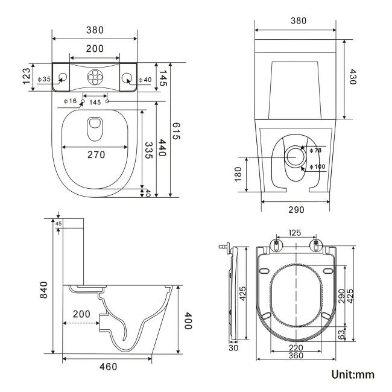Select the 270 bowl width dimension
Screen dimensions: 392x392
coord(95,154)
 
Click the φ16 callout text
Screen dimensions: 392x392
coord(70,101)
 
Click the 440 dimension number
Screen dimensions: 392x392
coord(162,148)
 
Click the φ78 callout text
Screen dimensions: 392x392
coord(315,151)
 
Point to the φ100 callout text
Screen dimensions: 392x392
coord(317,166)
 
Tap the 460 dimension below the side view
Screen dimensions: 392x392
coord(109,366)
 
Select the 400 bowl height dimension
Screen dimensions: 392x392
coord(188,321)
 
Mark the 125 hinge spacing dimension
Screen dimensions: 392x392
coord(295,232)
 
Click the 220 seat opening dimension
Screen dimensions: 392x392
coord(295,347)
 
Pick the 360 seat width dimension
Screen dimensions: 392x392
coord(295,356)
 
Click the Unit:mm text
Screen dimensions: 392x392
coord(352,375)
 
